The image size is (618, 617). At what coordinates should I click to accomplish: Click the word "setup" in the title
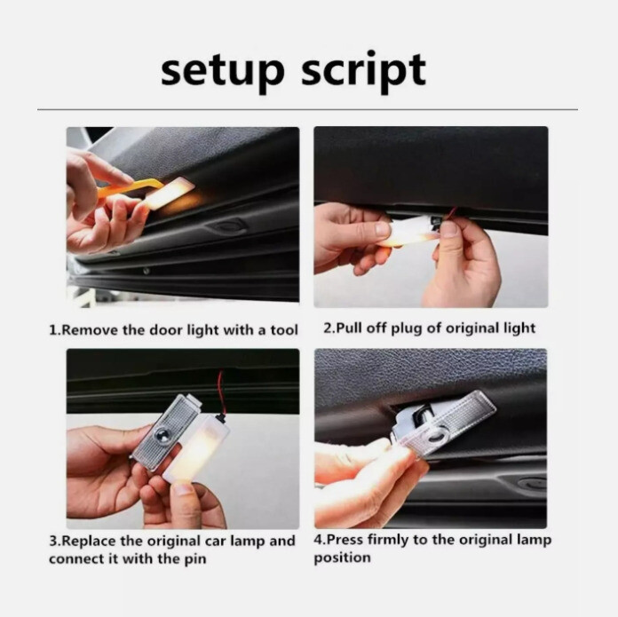click(222, 69)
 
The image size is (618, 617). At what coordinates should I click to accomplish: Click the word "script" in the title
click(362, 71)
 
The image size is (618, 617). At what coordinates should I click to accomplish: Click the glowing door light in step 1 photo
click(170, 193)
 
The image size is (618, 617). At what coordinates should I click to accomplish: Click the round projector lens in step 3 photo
click(163, 436)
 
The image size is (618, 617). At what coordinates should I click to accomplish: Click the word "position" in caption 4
click(342, 558)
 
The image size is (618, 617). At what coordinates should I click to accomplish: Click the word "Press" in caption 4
click(344, 541)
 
